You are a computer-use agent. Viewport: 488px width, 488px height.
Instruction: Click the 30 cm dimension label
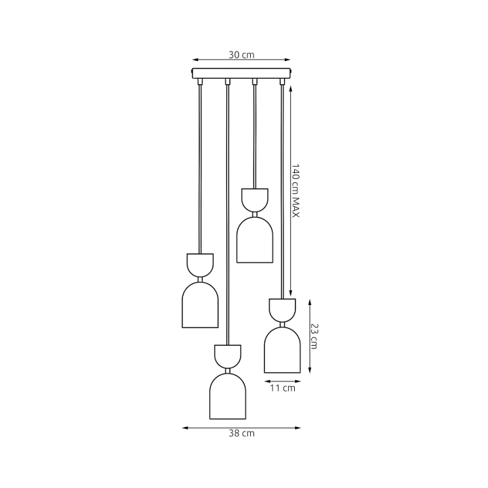(x=241, y=55)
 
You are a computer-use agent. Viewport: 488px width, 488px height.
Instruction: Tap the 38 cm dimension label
(x=241, y=433)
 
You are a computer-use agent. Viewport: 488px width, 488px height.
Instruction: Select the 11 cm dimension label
(x=282, y=388)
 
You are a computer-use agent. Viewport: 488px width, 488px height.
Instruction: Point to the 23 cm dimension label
(x=314, y=336)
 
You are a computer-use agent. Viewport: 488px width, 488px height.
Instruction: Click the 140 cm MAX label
(x=295, y=190)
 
